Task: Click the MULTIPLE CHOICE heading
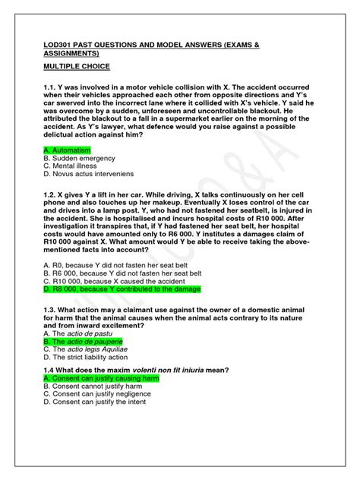[x=81, y=68]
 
